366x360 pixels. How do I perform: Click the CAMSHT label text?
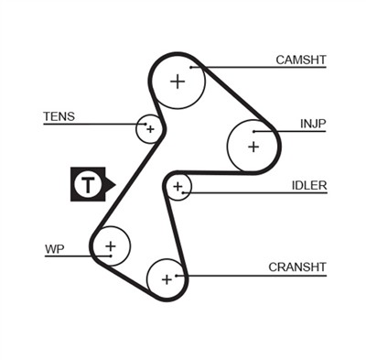point(301,60)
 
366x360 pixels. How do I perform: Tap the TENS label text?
point(59,117)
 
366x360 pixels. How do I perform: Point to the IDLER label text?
point(309,185)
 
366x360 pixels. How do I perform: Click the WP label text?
point(54,248)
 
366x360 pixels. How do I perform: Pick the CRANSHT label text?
point(297,267)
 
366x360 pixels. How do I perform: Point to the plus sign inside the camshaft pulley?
point(177,82)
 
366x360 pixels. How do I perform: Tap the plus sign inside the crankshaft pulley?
point(167,277)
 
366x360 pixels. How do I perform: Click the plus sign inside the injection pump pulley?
point(253,145)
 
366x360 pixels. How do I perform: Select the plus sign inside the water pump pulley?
point(111,246)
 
